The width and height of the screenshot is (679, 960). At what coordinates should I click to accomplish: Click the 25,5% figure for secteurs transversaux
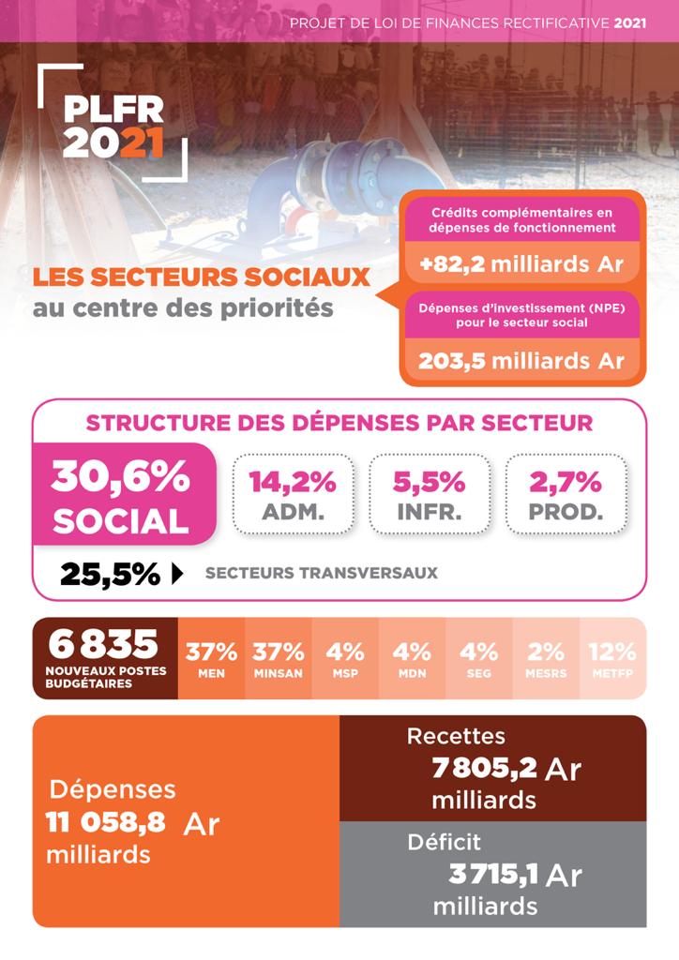[x=110, y=573]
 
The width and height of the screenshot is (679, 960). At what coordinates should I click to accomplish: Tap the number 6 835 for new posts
[x=104, y=645]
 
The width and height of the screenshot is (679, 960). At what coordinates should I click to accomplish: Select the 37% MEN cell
[x=211, y=659]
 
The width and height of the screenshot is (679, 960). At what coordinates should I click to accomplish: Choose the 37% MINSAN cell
[x=278, y=659]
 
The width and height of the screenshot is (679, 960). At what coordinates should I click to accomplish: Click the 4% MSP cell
[x=344, y=659]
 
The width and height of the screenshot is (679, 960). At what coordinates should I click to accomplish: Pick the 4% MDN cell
[x=412, y=659]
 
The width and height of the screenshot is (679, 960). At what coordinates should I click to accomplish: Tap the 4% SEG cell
[x=478, y=659]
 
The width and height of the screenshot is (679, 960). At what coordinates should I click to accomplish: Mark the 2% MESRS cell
[x=546, y=659]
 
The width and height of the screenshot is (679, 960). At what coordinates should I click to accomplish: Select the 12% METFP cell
[x=611, y=659]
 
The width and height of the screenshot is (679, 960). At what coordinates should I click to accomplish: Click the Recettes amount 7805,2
[x=485, y=769]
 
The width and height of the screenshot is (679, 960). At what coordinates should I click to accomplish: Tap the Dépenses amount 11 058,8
[x=106, y=822]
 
